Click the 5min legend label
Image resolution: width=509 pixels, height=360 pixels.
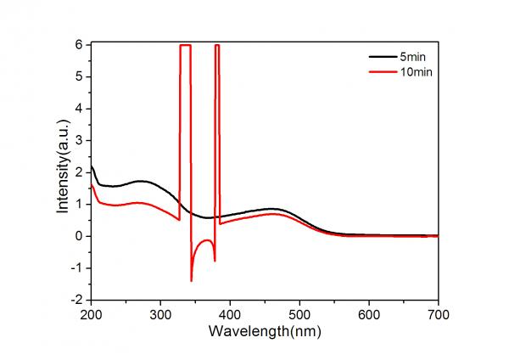pos(411,56)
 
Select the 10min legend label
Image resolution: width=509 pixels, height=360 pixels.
pos(414,72)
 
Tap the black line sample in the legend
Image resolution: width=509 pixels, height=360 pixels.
pos(383,56)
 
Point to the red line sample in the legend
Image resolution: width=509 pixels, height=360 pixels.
pos(383,72)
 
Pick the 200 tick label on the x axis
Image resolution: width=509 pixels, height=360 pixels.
pos(91,313)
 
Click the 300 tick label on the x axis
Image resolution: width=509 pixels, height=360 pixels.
pos(160,313)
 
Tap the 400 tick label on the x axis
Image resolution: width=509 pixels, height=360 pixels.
pos(230,313)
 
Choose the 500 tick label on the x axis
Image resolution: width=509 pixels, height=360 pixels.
pos(299,313)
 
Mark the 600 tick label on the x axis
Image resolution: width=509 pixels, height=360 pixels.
pos(369,313)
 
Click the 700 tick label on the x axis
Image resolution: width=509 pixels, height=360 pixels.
pos(438,313)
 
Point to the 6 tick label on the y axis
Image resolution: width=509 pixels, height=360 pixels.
pos(79,44)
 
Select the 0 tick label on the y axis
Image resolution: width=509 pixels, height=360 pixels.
pos(79,236)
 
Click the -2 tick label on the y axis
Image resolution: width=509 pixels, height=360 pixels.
pos(76,300)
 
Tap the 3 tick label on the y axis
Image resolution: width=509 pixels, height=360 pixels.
pos(79,140)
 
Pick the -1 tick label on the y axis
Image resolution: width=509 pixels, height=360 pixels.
pos(76,268)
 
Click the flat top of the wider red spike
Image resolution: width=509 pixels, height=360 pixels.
pos(185,45)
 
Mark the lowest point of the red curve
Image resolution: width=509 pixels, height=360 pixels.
pos(192,280)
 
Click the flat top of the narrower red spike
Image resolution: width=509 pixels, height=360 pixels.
pos(217,45)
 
